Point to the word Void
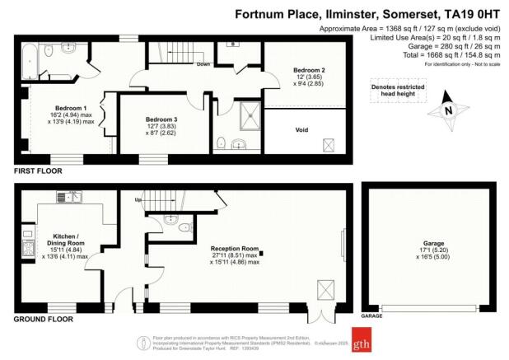click(301, 130)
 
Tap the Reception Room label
click(234, 248)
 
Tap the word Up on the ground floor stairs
click(139, 199)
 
